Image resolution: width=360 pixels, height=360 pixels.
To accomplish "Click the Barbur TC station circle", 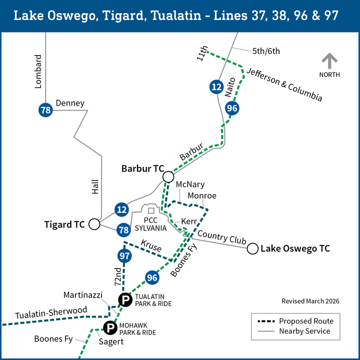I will (167, 176).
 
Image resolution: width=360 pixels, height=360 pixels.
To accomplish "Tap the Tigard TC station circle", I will (94, 224).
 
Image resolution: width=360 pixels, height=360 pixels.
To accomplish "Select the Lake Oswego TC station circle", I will (252, 248).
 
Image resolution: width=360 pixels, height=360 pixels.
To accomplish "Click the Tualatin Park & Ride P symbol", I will (124, 300).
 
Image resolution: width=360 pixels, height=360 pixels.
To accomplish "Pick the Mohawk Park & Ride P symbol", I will (109, 328).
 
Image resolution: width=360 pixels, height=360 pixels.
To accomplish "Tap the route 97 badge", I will (124, 256).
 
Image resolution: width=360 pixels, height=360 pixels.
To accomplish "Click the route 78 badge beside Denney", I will (46, 110).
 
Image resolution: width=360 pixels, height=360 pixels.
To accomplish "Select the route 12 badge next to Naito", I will (216, 87).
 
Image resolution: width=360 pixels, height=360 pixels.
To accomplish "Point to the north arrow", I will (329, 62).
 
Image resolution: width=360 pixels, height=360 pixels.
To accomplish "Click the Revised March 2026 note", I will (310, 301).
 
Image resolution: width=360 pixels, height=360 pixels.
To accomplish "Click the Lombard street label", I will (38, 72).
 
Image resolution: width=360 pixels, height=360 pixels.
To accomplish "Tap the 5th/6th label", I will (266, 50).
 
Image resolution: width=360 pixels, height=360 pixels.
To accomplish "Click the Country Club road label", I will (221, 237).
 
